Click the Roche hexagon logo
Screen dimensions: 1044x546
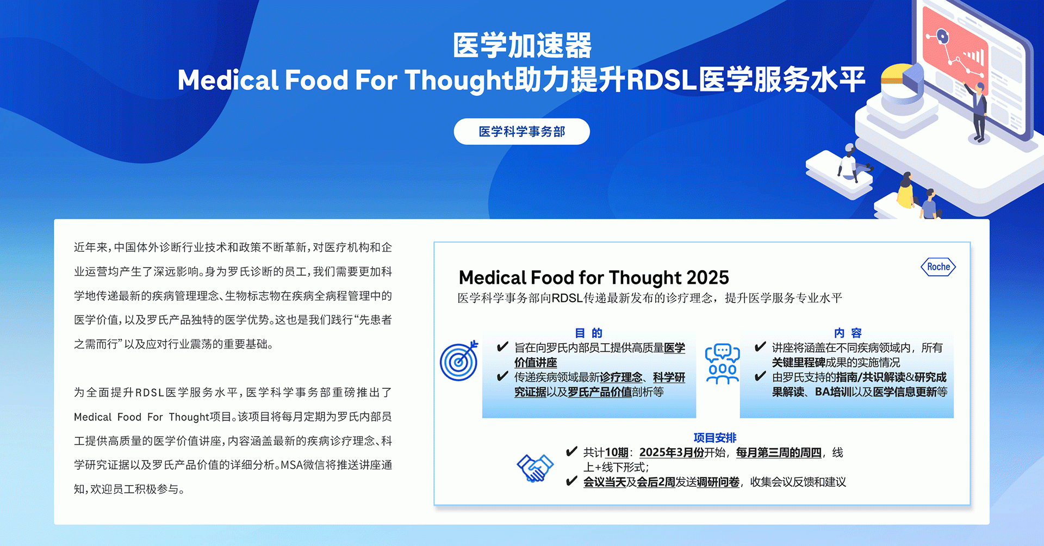pos(938,266)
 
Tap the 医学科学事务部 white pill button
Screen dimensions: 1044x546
pos(521,132)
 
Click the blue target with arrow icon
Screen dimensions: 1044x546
pos(459,361)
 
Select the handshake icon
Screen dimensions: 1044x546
pos(535,468)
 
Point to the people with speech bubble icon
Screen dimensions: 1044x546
pos(722,363)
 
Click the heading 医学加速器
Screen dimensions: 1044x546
pos(522,45)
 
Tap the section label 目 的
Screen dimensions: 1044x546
pos(589,333)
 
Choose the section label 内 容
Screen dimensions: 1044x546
pos(848,333)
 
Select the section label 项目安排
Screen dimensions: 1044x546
pos(715,438)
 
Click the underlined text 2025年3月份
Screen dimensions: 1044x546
pos(672,452)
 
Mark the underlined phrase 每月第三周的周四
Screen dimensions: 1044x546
pos(779,452)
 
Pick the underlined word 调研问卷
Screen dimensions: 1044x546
pos(718,482)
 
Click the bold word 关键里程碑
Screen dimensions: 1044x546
pos(798,362)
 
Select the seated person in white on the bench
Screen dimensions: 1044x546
pos(849,163)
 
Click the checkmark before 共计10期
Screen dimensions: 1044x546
pos(571,451)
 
